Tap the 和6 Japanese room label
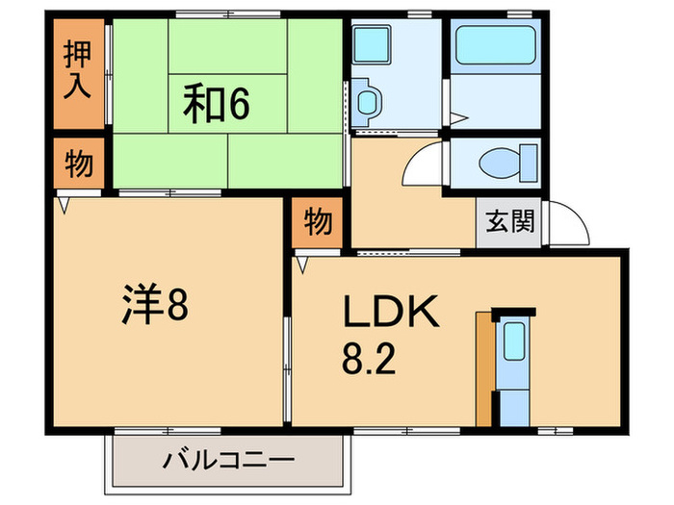tap(216, 102)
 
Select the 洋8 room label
tap(154, 307)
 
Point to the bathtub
tap(497, 46)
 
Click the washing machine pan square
tap(369, 45)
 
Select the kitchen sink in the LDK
tap(514, 341)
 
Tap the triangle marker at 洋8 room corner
tap(64, 204)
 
